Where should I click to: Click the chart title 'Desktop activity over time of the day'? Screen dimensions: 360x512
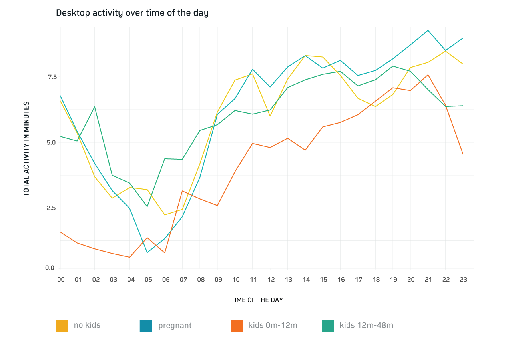[132, 13]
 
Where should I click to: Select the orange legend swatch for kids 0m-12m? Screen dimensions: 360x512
[237, 326]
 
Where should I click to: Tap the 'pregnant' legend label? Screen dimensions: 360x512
[175, 326]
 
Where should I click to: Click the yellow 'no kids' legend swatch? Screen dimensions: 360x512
[62, 326]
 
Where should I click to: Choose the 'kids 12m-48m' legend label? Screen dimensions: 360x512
[366, 326]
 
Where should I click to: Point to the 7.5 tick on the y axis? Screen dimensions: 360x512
[50, 77]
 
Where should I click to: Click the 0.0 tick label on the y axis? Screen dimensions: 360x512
[50, 268]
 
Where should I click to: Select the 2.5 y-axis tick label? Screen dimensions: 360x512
[50, 208]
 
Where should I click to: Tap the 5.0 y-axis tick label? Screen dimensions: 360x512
[50, 142]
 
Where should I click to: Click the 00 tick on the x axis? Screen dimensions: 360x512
[61, 280]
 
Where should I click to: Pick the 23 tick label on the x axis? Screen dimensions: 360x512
[463, 280]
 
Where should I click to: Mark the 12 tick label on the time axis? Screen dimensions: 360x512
[271, 280]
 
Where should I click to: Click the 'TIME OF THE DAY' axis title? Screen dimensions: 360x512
[257, 300]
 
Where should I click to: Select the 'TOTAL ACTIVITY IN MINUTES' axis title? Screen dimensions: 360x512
[26, 149]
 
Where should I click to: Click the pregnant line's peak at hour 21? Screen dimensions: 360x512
[428, 30]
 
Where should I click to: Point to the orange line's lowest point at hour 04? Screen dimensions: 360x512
[129, 257]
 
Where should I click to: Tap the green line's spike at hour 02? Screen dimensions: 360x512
[94, 107]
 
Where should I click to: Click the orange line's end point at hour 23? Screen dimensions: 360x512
[463, 154]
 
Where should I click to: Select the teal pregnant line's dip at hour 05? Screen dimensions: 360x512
[147, 253]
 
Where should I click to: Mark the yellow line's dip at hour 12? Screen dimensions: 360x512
[271, 116]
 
